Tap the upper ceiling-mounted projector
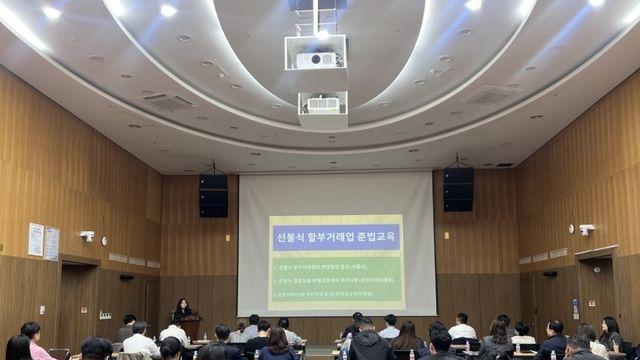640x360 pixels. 316,59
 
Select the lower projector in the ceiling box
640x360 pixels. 322,104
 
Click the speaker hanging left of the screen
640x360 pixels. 213,195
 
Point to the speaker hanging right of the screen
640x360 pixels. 459,188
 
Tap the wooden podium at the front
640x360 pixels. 191,326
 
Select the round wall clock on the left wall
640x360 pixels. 104,241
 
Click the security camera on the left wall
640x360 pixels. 87,236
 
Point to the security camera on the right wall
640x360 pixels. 586,229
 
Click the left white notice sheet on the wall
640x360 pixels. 36,239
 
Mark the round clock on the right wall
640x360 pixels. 597,268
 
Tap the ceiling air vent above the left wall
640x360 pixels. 168,101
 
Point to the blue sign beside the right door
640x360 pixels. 575,308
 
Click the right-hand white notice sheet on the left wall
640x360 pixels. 51,243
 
